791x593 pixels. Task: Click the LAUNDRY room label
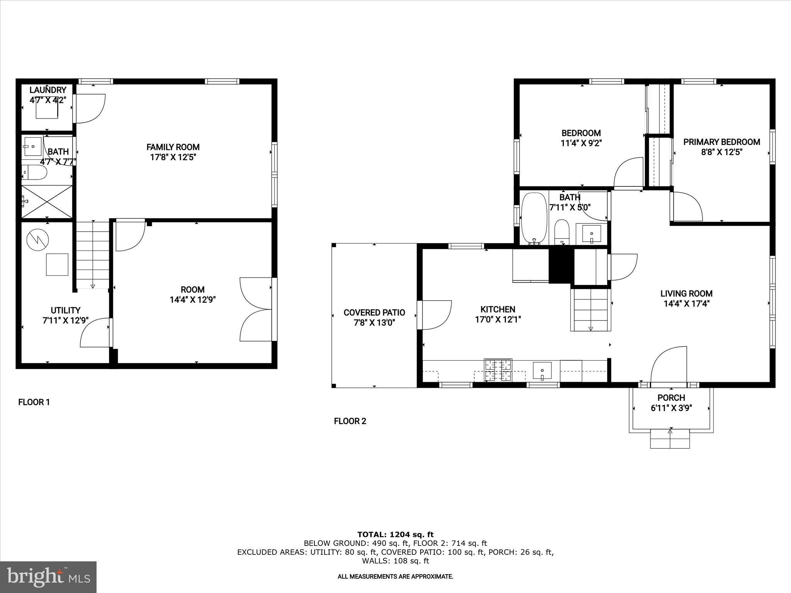[x=48, y=90]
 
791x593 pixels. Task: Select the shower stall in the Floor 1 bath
[x=47, y=202]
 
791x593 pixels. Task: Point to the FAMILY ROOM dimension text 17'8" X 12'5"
[x=173, y=157]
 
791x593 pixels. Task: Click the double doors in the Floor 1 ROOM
[x=256, y=309]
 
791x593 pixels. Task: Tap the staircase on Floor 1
[x=93, y=255]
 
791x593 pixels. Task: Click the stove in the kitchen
[x=498, y=370]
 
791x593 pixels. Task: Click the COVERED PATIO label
[x=374, y=313]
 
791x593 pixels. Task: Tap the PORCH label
[x=671, y=398]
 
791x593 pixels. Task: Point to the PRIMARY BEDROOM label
[x=721, y=142]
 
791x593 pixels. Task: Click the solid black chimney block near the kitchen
[x=560, y=266]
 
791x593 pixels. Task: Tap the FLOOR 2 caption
[x=350, y=421]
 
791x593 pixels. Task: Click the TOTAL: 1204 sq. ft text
[x=395, y=535]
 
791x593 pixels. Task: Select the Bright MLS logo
[x=48, y=577]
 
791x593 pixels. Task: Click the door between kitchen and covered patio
[x=435, y=315]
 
